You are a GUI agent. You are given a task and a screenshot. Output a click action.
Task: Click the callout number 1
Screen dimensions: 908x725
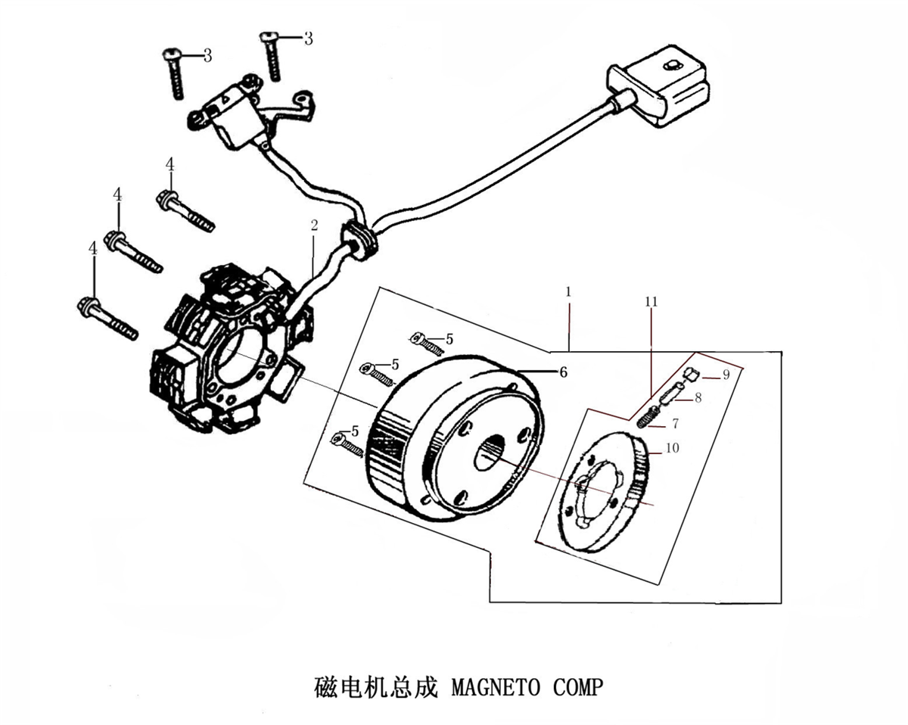(568, 291)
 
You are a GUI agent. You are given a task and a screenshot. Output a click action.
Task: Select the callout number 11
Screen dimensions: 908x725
(651, 302)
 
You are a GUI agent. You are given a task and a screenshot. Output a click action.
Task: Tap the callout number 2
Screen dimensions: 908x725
(314, 226)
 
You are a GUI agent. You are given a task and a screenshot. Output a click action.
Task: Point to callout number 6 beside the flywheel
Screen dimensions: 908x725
(563, 372)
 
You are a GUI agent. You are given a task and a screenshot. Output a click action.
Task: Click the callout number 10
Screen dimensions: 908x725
(673, 448)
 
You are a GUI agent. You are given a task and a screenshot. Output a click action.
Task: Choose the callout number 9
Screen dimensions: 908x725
(726, 375)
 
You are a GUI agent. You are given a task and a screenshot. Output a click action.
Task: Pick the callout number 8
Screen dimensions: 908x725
(698, 397)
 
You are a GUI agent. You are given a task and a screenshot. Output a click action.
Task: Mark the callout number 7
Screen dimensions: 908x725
(676, 423)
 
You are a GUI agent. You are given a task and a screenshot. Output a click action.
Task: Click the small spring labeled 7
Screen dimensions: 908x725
(647, 417)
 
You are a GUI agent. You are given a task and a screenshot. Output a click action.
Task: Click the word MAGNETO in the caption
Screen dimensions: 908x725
(496, 687)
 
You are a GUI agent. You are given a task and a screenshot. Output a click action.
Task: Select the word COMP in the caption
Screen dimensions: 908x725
(577, 687)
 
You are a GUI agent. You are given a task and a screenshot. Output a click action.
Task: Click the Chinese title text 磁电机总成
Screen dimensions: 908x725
(375, 687)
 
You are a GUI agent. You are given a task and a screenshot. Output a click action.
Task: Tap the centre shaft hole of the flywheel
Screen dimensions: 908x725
(490, 453)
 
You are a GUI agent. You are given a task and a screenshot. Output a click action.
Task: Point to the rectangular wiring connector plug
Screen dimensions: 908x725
(658, 86)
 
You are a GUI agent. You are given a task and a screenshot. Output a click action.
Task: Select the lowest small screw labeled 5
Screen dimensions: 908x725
(347, 444)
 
